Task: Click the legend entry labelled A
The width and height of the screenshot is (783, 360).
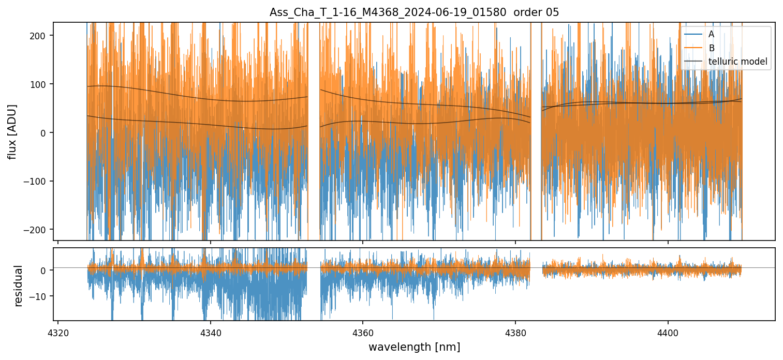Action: click(711, 34)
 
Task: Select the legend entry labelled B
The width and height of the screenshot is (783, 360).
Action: click(711, 48)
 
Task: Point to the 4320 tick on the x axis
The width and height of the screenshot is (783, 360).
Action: click(57, 331)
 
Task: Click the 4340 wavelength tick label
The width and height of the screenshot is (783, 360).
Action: click(210, 331)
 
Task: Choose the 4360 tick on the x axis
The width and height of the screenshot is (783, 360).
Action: click(362, 331)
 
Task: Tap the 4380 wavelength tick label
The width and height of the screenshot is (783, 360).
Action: click(515, 331)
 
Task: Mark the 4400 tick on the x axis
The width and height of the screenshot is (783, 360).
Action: click(668, 331)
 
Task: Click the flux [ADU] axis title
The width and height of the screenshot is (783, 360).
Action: click(12, 131)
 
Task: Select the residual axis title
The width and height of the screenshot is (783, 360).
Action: click(19, 286)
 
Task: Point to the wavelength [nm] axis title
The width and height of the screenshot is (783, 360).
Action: click(414, 347)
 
